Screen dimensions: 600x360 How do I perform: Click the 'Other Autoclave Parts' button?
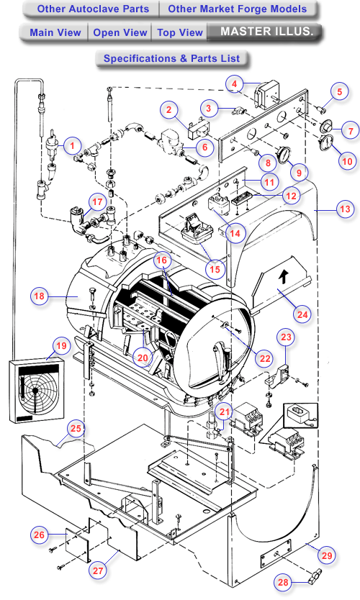(93, 9)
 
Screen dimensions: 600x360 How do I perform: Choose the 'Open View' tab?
(120, 32)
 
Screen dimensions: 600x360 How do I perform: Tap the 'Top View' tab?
(179, 32)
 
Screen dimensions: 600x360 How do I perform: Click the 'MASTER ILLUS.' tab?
(266, 32)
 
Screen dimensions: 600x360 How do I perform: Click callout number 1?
(71, 146)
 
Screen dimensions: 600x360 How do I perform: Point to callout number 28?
(283, 581)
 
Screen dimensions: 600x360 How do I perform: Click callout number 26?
(40, 535)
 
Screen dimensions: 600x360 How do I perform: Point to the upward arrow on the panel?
(283, 276)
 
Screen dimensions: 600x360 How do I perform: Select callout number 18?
(40, 296)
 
